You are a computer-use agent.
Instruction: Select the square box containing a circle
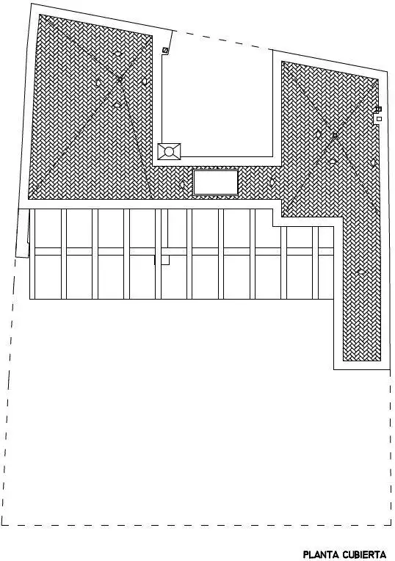pyautogui.click(x=170, y=151)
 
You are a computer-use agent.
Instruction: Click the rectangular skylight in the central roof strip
pyautogui.click(x=215, y=182)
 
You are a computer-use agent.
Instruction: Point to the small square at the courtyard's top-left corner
pyautogui.click(x=165, y=51)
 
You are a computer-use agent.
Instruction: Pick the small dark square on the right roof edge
pyautogui.click(x=379, y=109)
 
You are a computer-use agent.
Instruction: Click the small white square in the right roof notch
pyautogui.click(x=380, y=119)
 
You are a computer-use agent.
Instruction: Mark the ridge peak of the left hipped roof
pyautogui.click(x=120, y=79)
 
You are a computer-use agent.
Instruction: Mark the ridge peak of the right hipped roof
pyautogui.click(x=335, y=136)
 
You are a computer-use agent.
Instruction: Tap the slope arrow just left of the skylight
pyautogui.click(x=182, y=184)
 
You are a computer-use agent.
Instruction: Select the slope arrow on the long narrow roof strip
pyautogui.click(x=361, y=272)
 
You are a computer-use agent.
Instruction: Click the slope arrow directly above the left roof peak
pyautogui.click(x=117, y=54)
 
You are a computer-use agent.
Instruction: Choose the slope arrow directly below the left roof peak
pyautogui.click(x=117, y=105)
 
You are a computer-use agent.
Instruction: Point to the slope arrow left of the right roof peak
pyautogui.click(x=318, y=134)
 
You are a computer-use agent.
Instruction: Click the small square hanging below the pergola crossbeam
pyautogui.click(x=165, y=260)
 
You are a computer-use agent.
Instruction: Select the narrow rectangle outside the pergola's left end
pyautogui.click(x=22, y=233)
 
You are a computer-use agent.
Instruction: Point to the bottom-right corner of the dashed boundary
pyautogui.click(x=391, y=526)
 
